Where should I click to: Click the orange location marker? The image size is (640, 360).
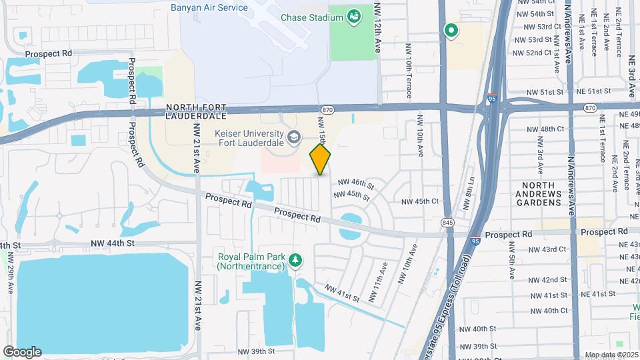[320, 159]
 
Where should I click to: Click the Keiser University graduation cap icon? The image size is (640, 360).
[293, 138]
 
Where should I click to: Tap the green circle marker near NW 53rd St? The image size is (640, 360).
[451, 29]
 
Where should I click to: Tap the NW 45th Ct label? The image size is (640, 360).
[420, 201]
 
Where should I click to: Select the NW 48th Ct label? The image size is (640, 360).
[545, 129]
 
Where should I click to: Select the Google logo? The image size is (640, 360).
[22, 351]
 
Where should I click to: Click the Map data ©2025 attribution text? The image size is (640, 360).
[611, 355]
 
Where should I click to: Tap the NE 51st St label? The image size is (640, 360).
[593, 91]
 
